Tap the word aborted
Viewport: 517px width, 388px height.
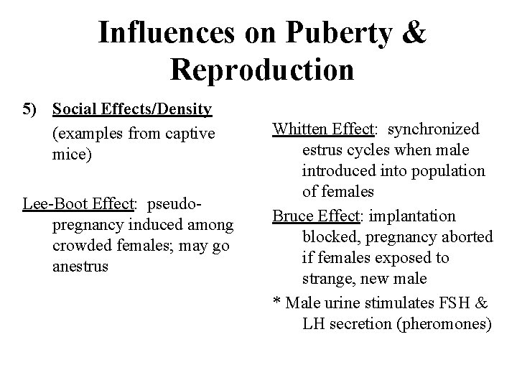[468, 238]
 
